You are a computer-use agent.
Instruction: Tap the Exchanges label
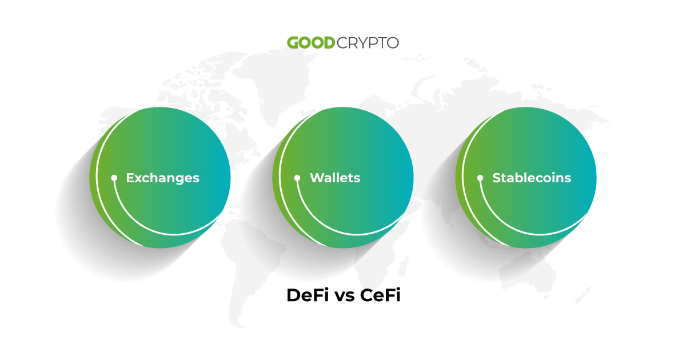(162, 178)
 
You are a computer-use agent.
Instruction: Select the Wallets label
(335, 178)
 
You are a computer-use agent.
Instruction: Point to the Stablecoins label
(532, 178)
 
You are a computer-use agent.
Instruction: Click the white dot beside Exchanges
(114, 178)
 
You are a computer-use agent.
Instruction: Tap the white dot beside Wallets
(297, 178)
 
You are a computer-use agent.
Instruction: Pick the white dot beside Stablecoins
(480, 178)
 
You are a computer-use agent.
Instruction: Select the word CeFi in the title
(380, 295)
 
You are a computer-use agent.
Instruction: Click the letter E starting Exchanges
(130, 178)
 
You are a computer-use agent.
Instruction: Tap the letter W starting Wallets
(316, 178)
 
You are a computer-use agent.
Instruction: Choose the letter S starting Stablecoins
(497, 178)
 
